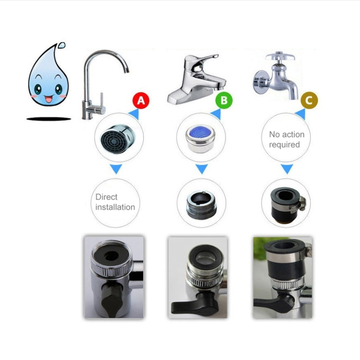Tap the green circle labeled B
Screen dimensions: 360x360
pyautogui.click(x=224, y=101)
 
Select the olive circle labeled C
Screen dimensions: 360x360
pyautogui.click(x=310, y=101)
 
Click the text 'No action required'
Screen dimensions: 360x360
pyautogui.click(x=286, y=140)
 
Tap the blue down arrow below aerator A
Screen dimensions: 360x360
pyautogui.click(x=115, y=169)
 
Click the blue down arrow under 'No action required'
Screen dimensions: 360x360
pyautogui.click(x=287, y=169)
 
